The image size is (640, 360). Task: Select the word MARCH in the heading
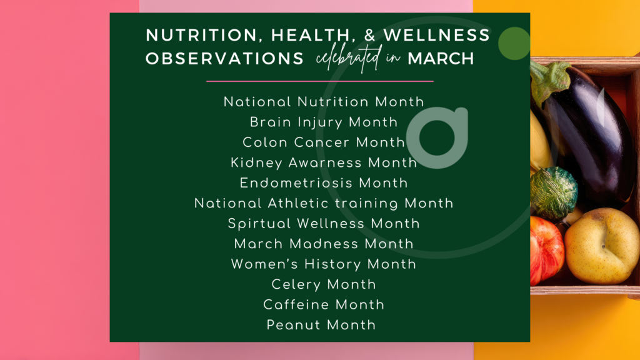440,59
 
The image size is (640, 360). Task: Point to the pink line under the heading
319,81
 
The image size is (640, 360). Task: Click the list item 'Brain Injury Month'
324,122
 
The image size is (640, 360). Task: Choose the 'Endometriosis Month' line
324,183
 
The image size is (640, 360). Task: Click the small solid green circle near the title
514,44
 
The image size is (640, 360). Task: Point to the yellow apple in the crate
602,245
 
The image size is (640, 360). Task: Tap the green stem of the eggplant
546,81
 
